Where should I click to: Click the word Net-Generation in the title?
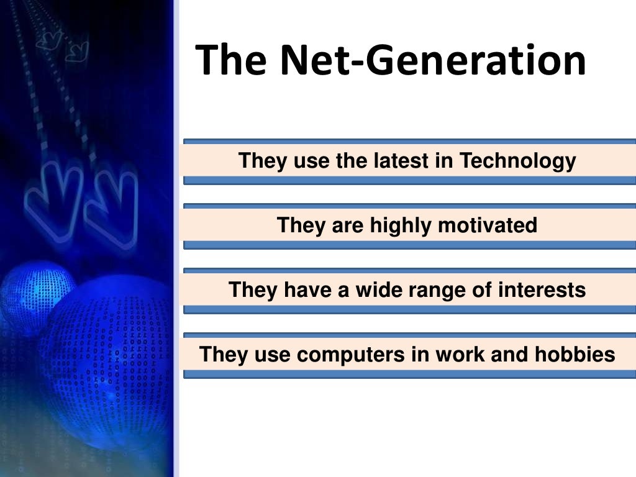click(434, 61)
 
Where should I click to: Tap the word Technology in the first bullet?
click(518, 161)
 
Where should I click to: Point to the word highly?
click(401, 225)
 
